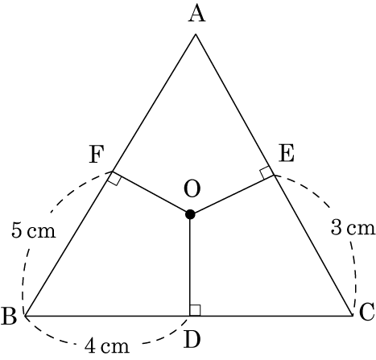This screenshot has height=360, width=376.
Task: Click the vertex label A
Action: coord(196,14)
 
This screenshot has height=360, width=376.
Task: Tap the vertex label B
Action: coord(9,317)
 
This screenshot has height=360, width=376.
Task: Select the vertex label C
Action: coord(366,312)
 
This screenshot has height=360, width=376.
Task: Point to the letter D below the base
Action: coord(192,340)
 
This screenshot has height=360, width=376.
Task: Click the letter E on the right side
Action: coord(287,154)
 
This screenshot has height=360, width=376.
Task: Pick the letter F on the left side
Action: coord(96,155)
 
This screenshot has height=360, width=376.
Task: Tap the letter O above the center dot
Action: coord(192,188)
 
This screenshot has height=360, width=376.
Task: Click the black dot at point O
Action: coord(190,214)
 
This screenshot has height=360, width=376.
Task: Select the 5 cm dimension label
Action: coord(34,231)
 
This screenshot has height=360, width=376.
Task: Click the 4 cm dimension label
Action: coord(107,346)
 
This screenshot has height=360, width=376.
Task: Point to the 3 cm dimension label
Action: coord(353,229)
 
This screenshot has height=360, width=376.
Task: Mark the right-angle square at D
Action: coord(195,310)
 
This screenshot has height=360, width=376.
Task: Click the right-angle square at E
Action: coord(267,173)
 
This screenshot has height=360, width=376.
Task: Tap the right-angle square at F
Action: coord(114,178)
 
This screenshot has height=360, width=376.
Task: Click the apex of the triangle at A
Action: coord(196,34)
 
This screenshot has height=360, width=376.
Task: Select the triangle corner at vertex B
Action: coord(25,316)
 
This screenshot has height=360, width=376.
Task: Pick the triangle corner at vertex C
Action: coord(352,316)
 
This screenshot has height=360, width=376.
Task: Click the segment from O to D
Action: coord(190,265)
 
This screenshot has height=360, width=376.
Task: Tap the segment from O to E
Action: coord(232,195)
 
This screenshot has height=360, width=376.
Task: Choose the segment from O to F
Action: coord(151,193)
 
